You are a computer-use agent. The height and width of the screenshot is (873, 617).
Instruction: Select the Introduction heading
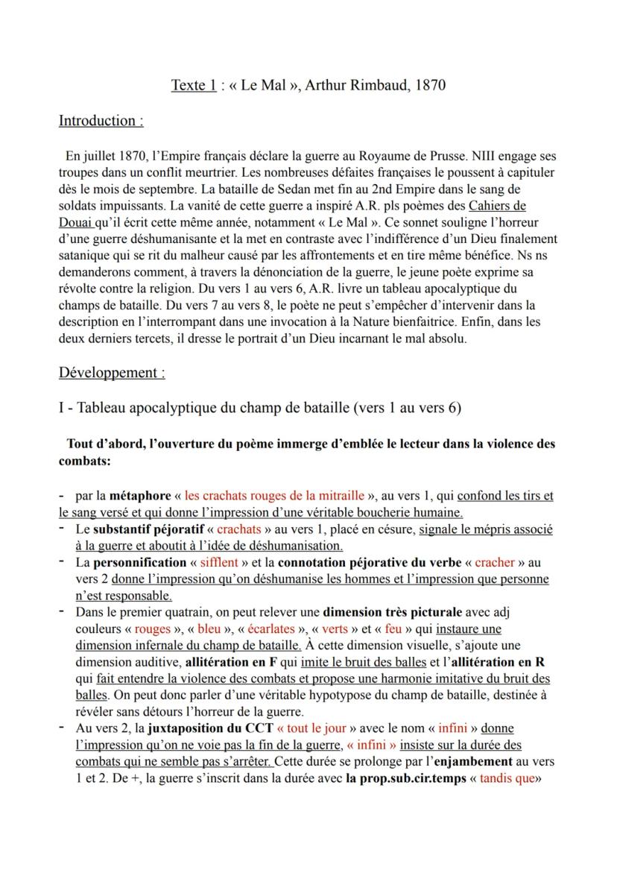[x=101, y=120]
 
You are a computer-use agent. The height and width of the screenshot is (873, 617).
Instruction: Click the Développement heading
[x=112, y=372]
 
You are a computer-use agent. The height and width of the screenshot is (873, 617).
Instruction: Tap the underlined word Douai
[x=77, y=221]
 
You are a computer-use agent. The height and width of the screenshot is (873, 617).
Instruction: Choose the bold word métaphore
[x=141, y=495]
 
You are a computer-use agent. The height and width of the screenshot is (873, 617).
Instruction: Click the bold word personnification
[x=139, y=562]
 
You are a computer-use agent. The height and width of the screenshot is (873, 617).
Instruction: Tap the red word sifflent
[x=222, y=562]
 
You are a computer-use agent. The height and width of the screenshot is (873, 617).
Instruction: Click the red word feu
[x=394, y=628]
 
